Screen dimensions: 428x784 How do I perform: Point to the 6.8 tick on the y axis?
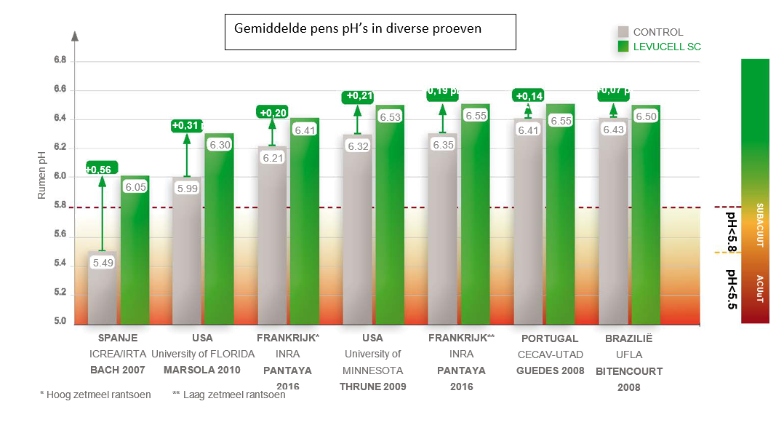click(60, 61)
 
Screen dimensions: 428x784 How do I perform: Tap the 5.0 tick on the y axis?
click(60, 322)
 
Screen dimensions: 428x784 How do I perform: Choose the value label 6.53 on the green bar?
click(391, 117)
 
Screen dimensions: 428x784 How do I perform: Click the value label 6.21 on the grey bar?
click(272, 157)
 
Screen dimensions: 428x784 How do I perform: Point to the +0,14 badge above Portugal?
click(529, 96)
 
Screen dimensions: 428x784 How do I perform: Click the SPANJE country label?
click(118, 338)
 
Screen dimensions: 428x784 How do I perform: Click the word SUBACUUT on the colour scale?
click(761, 225)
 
